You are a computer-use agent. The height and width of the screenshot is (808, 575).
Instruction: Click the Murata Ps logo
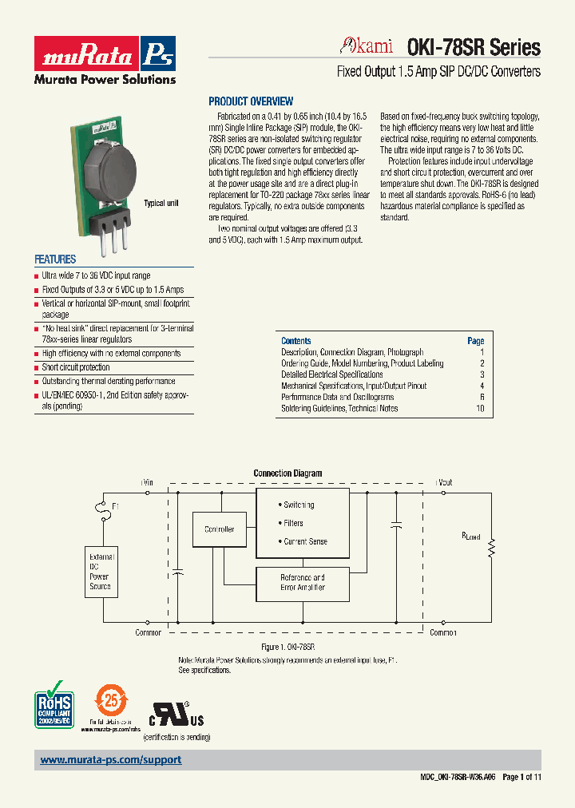[105, 54]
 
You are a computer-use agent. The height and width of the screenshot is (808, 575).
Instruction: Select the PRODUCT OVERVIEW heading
[251, 101]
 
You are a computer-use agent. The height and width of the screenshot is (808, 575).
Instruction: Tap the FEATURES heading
[55, 259]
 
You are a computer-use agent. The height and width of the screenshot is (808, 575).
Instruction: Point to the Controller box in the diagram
[220, 529]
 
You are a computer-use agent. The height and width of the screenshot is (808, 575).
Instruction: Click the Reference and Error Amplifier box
[302, 582]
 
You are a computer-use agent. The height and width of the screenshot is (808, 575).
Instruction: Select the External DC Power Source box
[101, 572]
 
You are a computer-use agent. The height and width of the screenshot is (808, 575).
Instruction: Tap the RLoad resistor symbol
[492, 547]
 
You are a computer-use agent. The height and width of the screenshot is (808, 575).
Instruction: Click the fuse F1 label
[115, 506]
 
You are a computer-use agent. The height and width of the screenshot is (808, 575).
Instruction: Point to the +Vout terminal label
[443, 482]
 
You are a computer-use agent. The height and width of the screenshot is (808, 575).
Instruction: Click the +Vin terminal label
[147, 482]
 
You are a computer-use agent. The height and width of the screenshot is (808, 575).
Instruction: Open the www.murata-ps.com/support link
[111, 760]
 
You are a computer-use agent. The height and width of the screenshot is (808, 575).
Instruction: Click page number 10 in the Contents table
[480, 408]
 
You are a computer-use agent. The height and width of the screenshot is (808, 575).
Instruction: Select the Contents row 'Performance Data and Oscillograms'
[337, 397]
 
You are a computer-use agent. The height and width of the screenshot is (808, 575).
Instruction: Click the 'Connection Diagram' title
[287, 473]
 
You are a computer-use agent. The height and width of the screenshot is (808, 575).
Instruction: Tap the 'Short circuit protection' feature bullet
[76, 367]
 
